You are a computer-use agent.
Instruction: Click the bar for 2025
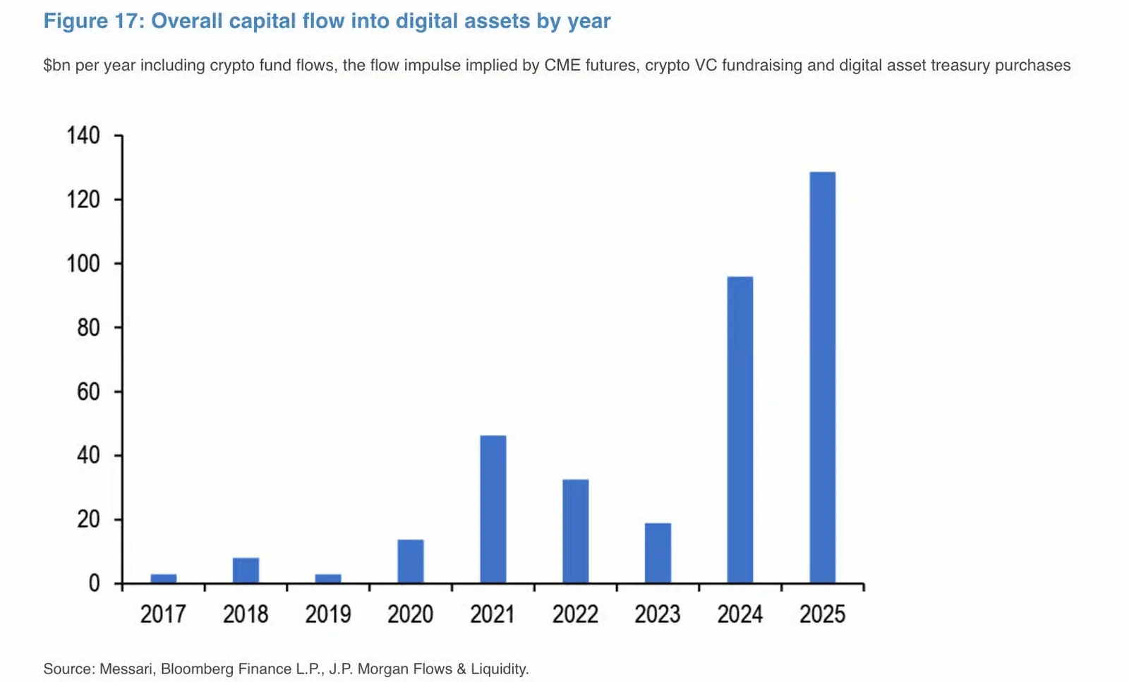coord(822,377)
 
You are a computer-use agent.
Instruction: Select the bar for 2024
coord(739,430)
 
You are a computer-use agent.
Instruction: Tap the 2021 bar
coord(493,509)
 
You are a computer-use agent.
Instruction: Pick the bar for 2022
coord(575,531)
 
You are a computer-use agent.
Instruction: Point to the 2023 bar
coord(658,553)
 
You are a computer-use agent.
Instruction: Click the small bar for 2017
coord(163,578)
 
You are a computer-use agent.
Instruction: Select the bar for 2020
coord(410,561)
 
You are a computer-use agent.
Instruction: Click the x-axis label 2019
coord(327,614)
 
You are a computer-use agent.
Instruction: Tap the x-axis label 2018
coord(245,614)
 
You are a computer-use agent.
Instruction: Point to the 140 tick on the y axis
coord(83,135)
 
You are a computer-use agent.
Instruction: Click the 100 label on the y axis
coord(83,264)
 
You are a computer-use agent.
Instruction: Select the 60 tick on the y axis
coord(88,391)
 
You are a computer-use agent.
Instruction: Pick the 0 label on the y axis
coord(94,583)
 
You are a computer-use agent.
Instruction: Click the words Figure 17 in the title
coord(93,21)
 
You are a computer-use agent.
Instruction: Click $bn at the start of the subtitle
coord(57,66)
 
